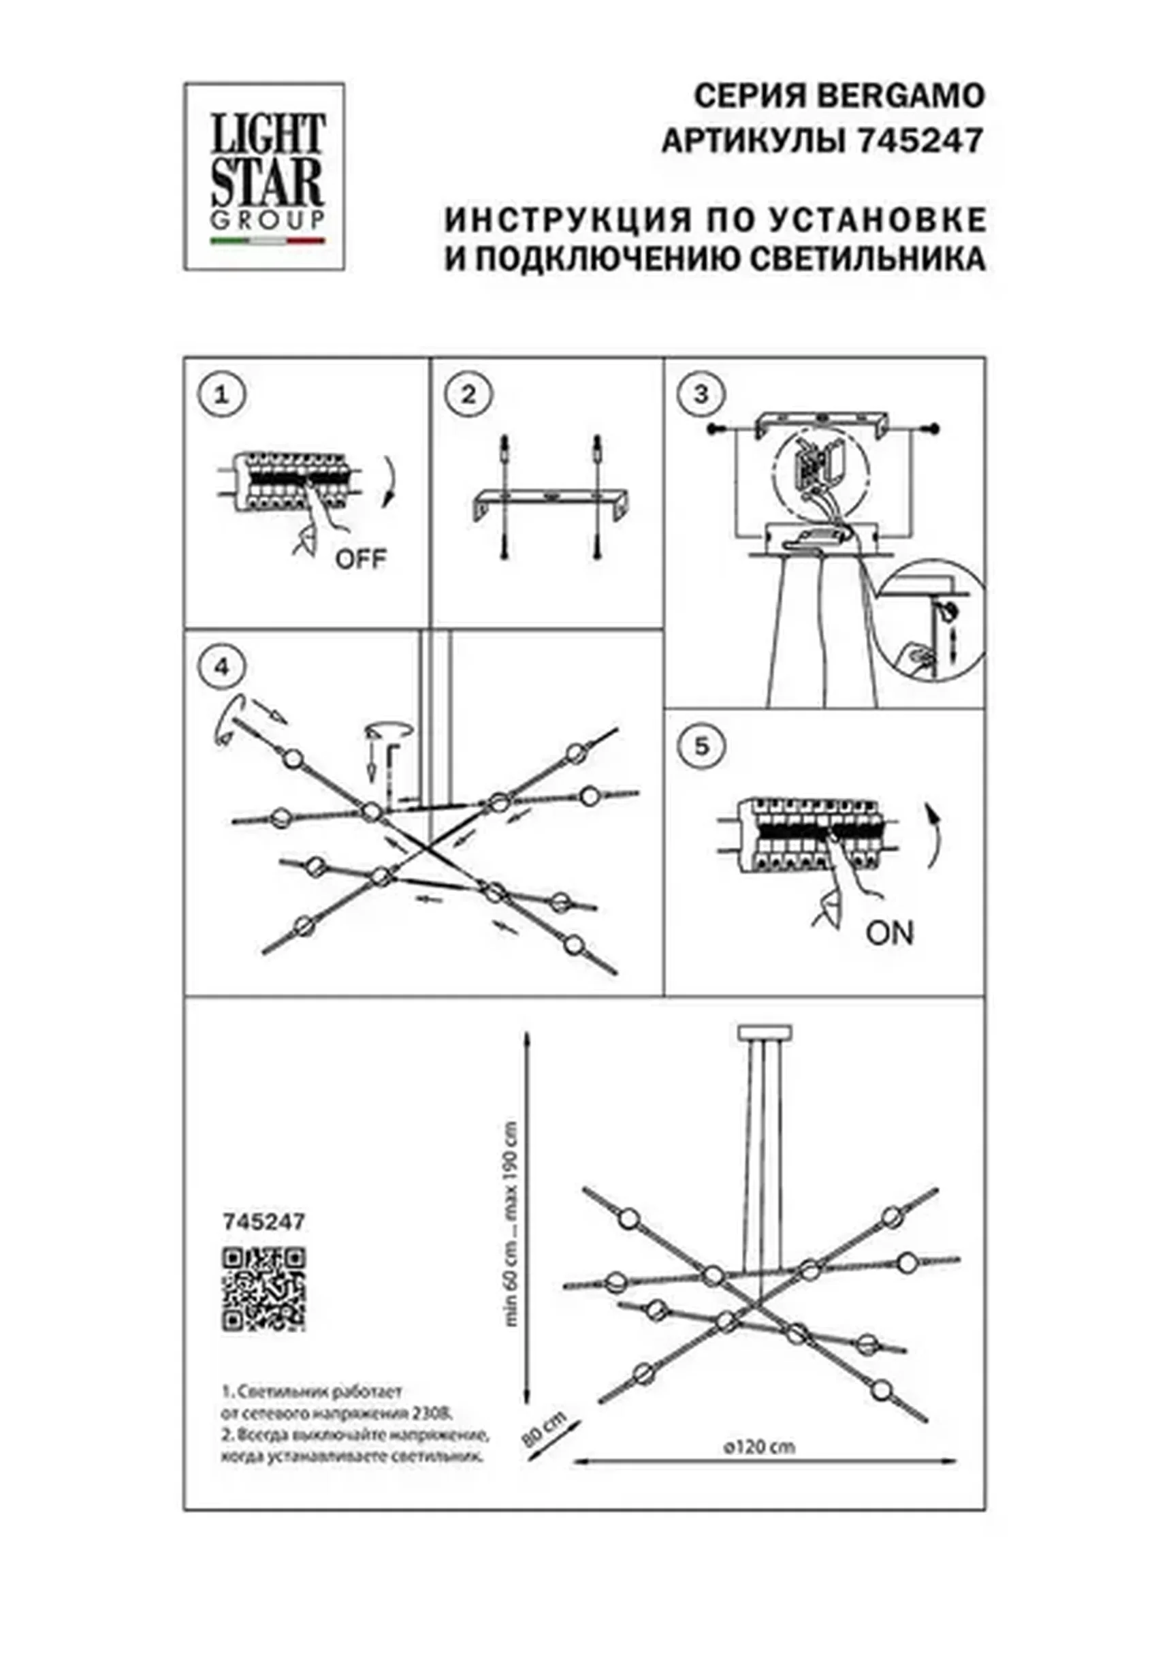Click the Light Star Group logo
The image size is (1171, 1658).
(x=264, y=176)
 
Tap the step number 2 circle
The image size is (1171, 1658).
(x=468, y=395)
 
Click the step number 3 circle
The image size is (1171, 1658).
(x=701, y=395)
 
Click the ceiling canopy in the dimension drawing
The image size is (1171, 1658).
(x=765, y=1032)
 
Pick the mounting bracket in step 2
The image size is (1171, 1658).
(x=552, y=500)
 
